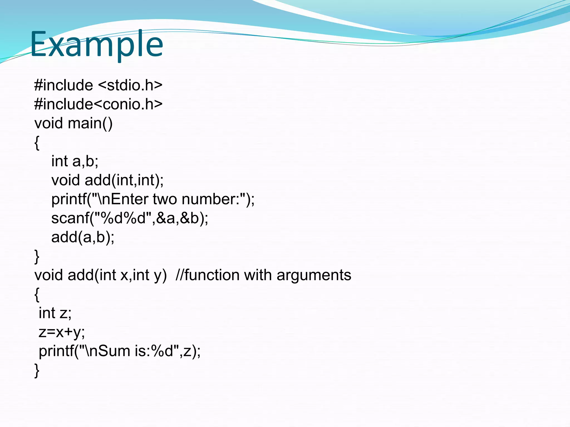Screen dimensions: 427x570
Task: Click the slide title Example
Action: (x=96, y=44)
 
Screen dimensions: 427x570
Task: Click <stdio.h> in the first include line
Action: (x=130, y=85)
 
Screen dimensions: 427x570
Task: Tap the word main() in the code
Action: (x=90, y=123)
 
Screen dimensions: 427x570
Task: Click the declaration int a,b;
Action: (x=75, y=161)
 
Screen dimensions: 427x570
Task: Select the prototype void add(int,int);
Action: (x=107, y=180)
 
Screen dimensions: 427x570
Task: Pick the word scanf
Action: (x=70, y=218)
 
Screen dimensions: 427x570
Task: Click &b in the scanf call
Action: (x=189, y=218)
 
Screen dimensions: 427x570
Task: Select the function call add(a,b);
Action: (x=83, y=237)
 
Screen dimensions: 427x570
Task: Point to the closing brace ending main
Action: (x=37, y=257)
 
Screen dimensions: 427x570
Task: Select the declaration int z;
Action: (x=55, y=313)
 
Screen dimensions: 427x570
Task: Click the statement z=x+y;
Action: (x=62, y=332)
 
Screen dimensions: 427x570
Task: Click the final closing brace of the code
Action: (x=37, y=371)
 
